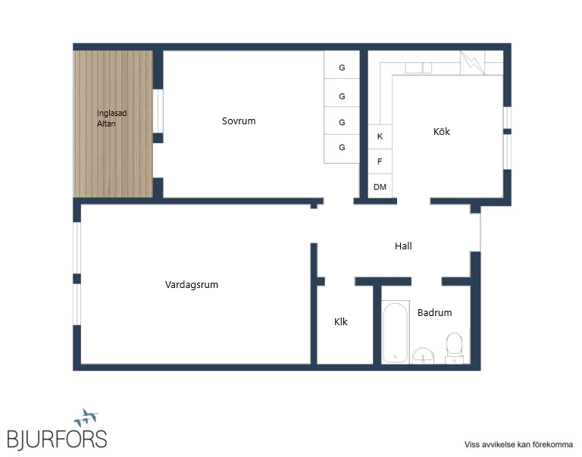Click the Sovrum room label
tap(239, 121)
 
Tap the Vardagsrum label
tap(192, 285)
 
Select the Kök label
tap(442, 131)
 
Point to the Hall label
tap(403, 246)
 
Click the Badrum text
tap(435, 312)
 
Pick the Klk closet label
tap(341, 321)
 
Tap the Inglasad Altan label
tap(111, 118)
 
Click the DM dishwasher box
tap(380, 186)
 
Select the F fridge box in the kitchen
tap(380, 161)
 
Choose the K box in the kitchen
tap(380, 136)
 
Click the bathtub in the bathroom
tap(396, 332)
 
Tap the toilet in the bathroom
tap(455, 348)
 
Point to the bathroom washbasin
tap(423, 356)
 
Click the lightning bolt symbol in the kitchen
tap(472, 62)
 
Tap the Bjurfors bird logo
tap(86, 418)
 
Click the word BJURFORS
tap(57, 440)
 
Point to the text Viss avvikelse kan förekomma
tap(518, 444)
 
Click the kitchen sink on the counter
tap(418, 68)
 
